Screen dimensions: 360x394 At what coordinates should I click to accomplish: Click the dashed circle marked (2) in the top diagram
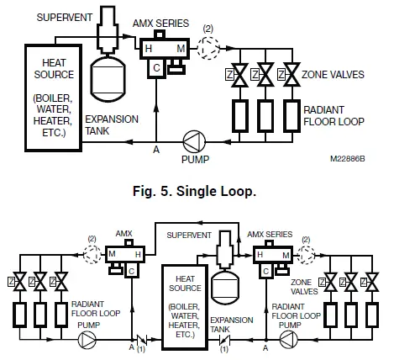pyautogui.click(x=208, y=49)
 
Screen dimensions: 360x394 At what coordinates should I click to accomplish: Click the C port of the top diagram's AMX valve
pyautogui.click(x=157, y=71)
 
